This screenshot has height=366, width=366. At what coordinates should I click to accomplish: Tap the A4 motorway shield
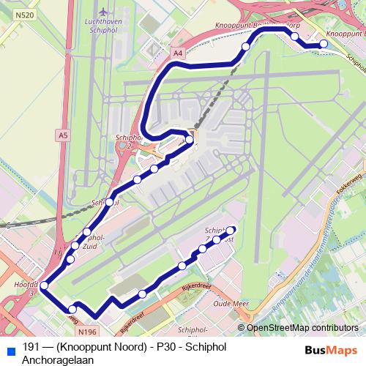[177, 53]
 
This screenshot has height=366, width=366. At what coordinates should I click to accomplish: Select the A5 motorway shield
[63, 135]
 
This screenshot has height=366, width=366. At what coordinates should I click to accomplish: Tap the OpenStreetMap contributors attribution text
[302, 328]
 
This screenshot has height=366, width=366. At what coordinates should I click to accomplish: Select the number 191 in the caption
[31, 347]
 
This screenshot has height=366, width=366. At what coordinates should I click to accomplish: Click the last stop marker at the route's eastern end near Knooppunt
[324, 45]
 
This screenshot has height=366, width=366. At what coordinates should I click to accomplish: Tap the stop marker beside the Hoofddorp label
[44, 285]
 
